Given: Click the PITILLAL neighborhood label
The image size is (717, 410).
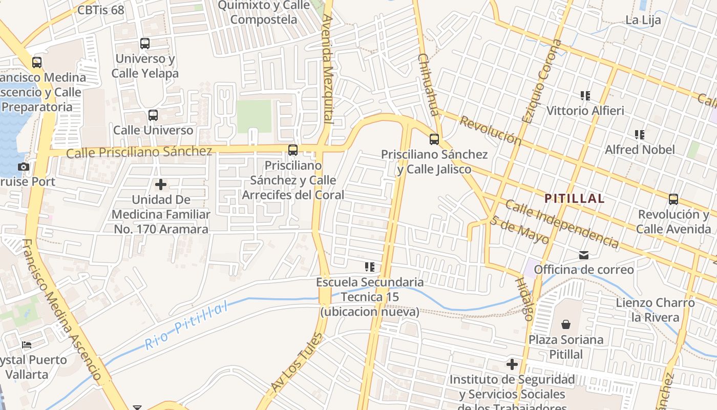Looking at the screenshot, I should (574, 198).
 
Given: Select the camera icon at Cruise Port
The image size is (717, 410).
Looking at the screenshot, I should (24, 167).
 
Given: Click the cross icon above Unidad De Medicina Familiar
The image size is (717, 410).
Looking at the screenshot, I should (161, 184).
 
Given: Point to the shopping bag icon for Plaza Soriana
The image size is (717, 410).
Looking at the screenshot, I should (566, 324).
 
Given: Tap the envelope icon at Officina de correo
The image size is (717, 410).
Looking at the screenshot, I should (583, 255).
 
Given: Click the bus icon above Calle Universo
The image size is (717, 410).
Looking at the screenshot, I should (153, 115).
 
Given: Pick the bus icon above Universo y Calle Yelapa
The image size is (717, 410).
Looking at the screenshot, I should (145, 44).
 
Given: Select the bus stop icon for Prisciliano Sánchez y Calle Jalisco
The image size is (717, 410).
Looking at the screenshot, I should (434, 139).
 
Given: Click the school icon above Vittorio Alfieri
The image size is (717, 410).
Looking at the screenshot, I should (585, 95).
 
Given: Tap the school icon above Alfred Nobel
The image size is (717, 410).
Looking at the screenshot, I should (640, 135).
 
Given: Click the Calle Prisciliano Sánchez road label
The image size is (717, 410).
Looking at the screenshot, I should (139, 152).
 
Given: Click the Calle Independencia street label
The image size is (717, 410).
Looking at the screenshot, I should (561, 224).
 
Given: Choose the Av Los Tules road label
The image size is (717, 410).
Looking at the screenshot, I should (298, 363).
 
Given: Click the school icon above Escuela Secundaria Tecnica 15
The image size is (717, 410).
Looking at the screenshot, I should (369, 267).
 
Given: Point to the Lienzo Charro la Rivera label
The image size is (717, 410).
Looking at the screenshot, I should (655, 310).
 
